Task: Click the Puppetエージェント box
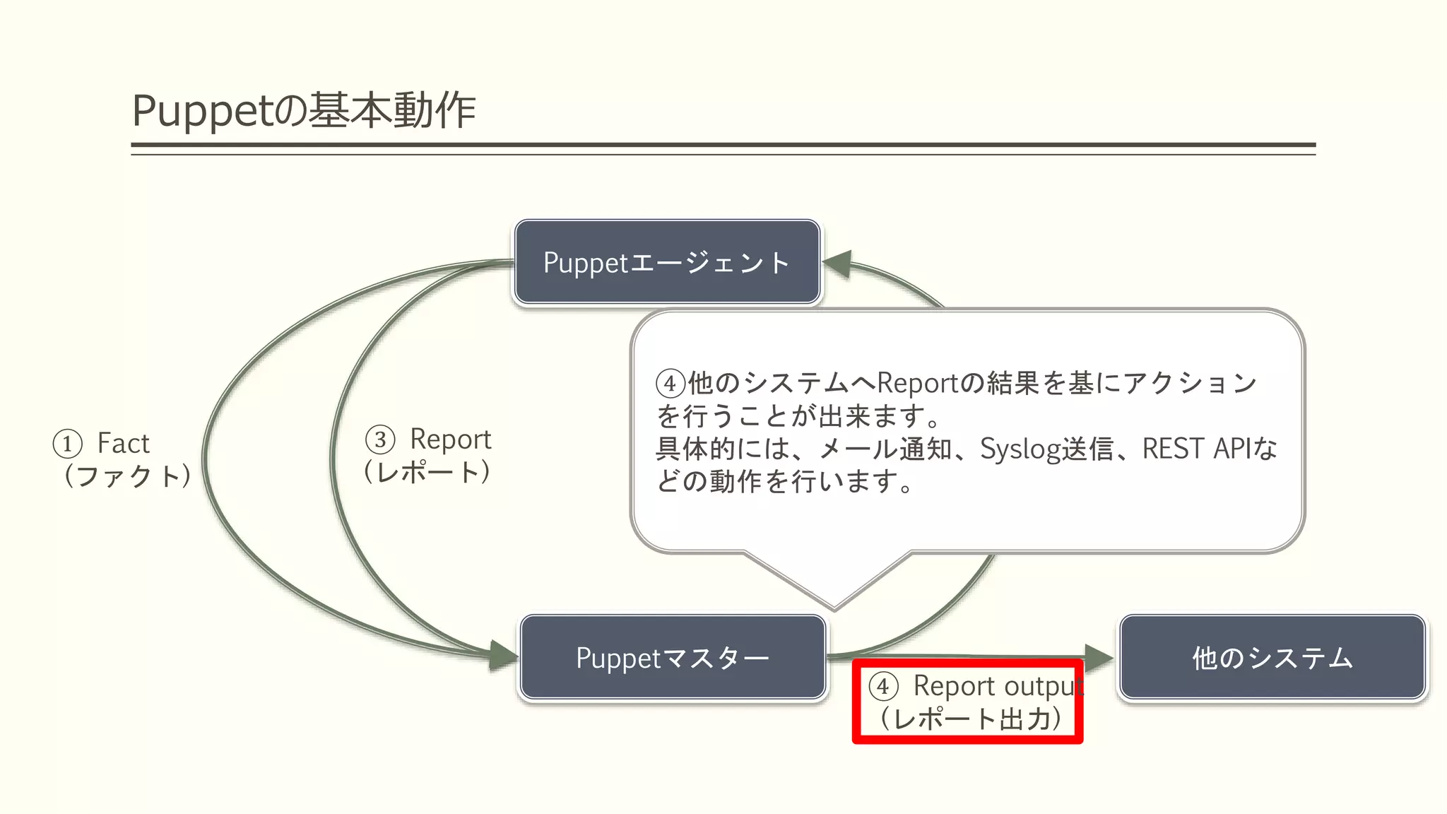click(667, 262)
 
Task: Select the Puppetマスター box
click(673, 657)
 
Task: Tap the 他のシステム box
click(1272, 657)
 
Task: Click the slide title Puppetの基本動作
click(304, 111)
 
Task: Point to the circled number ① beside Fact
click(67, 444)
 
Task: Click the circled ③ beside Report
click(380, 440)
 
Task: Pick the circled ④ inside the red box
click(883, 686)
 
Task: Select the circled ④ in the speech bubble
click(671, 384)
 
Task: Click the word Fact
click(124, 444)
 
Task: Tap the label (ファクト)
click(127, 476)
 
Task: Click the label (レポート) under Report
click(427, 471)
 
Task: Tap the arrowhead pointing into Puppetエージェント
click(837, 264)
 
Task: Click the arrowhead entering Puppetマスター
click(503, 654)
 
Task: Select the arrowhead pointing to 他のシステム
click(1099, 658)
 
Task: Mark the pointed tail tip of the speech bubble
click(834, 608)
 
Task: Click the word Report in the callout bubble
click(918, 383)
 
